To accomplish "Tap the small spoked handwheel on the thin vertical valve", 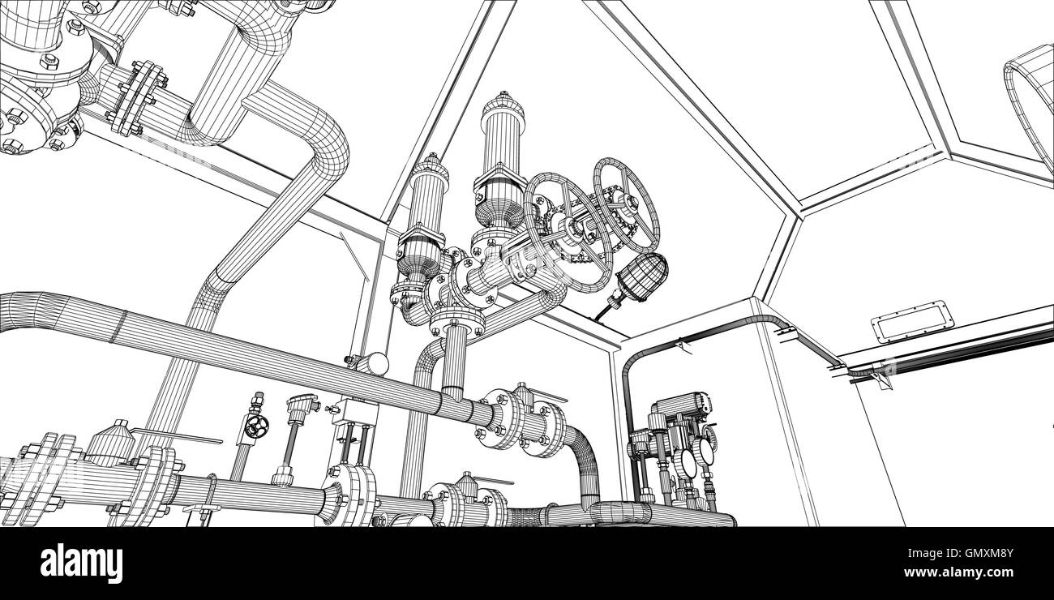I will [256, 425].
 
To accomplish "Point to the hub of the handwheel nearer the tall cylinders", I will [570, 225].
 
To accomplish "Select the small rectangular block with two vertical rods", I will [355, 413].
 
